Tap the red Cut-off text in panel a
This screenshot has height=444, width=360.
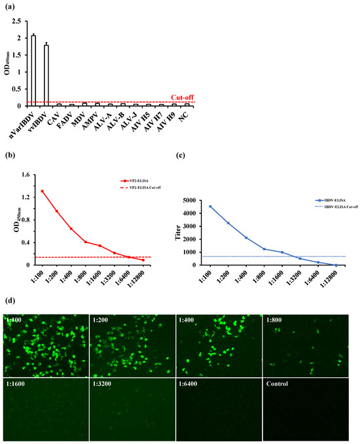coord(182,97)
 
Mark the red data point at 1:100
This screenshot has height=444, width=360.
coord(43,191)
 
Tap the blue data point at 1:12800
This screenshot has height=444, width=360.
coord(336,265)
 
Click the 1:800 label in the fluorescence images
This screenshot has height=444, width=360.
coord(276,320)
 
